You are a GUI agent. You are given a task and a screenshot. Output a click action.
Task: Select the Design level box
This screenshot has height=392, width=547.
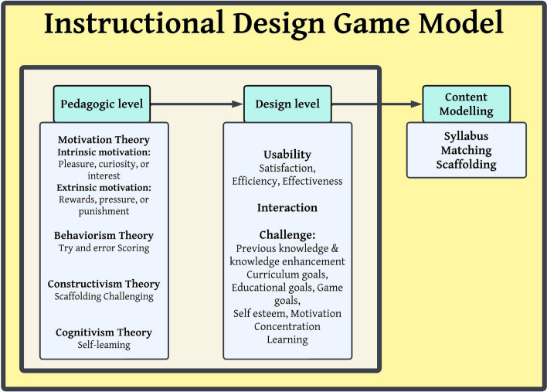click(287, 103)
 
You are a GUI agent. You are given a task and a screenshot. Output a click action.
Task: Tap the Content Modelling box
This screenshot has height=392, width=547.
click(466, 102)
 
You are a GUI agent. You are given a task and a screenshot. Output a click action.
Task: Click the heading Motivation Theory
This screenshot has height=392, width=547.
click(104, 140)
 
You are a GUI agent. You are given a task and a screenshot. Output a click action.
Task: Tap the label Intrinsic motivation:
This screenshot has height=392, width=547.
click(104, 152)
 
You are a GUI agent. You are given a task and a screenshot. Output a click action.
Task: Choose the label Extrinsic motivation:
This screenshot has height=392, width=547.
click(104, 188)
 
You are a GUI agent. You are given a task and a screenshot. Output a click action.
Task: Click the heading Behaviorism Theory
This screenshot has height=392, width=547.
click(104, 235)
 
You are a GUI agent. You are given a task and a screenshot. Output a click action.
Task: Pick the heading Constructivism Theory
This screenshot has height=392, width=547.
click(104, 283)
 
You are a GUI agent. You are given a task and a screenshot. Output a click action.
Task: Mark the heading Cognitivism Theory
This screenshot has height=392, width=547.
click(104, 332)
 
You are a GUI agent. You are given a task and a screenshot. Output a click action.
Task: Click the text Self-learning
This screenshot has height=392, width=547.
click(104, 344)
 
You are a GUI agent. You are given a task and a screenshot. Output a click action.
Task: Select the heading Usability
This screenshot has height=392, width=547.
click(287, 155)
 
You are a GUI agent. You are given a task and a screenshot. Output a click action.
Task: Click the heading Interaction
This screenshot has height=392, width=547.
click(287, 207)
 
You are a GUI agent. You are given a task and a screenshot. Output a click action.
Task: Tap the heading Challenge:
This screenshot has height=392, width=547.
click(287, 236)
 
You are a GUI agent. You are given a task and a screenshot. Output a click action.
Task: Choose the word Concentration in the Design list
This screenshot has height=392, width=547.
click(287, 326)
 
